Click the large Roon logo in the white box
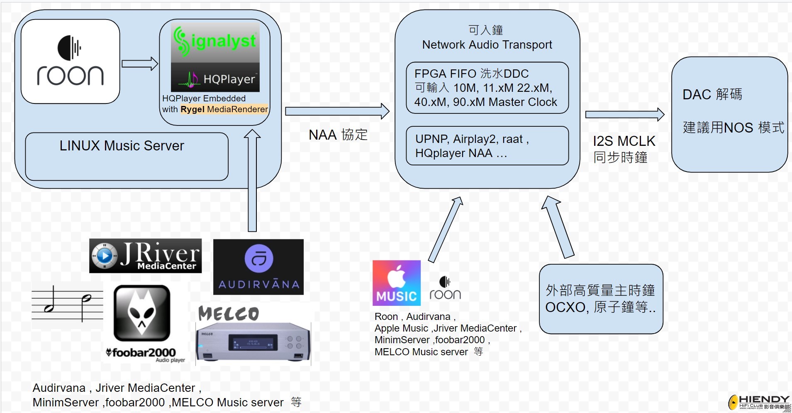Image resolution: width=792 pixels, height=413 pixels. click(71, 61)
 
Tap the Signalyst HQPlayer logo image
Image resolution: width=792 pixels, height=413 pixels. click(215, 57)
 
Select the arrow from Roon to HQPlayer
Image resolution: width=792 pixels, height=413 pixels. click(140, 64)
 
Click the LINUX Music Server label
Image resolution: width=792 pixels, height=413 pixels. click(122, 146)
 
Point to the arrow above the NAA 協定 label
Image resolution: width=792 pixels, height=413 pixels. click(337, 111)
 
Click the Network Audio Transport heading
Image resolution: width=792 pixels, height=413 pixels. click(487, 44)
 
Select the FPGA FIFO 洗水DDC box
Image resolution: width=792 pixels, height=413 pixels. click(487, 88)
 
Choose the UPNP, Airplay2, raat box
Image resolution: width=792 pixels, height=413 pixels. click(487, 146)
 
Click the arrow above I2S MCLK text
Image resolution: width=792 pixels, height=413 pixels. click(625, 114)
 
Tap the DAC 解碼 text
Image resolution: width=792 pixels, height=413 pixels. click(712, 94)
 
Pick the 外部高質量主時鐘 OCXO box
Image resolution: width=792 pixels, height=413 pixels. click(601, 299)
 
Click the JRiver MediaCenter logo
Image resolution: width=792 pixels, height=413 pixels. click(146, 256)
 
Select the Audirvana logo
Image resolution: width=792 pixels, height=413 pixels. click(258, 267)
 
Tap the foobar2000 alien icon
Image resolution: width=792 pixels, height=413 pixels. click(142, 313)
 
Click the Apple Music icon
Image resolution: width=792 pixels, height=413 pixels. click(397, 283)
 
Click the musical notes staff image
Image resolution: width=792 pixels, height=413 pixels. click(67, 305)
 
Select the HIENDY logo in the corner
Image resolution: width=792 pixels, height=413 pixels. click(760, 402)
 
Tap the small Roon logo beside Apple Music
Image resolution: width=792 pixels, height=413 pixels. click(445, 288)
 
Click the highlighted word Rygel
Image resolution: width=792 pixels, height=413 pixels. click(193, 109)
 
